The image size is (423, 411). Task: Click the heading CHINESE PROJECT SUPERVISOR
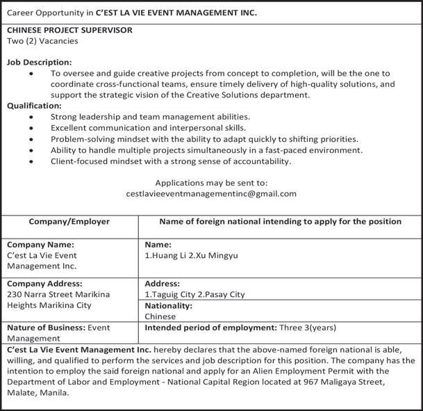[x=69, y=31]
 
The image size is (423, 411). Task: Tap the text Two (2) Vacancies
[x=42, y=41]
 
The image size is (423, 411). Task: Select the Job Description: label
[x=40, y=62]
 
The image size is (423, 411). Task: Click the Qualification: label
[x=34, y=106]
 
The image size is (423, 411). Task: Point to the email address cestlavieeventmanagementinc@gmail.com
[x=211, y=194]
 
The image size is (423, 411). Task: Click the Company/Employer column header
[x=69, y=222]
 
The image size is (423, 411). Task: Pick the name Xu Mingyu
[x=217, y=255]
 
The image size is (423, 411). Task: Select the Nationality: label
[x=169, y=305]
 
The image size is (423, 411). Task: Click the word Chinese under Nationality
[x=160, y=316]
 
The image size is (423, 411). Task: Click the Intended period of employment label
[x=210, y=327]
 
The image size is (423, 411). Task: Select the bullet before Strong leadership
[x=31, y=118]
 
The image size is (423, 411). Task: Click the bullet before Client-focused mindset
[x=31, y=161]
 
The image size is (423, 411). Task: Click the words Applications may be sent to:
[x=211, y=183]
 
